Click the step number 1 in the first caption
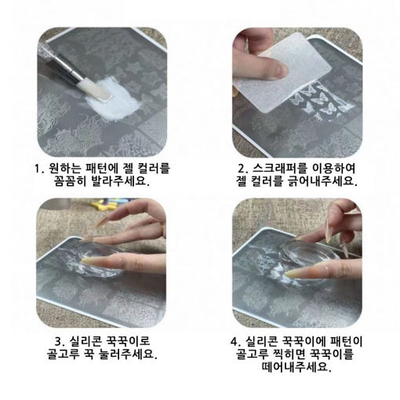(37, 169)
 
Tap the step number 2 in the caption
(242, 169)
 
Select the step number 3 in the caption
(58, 341)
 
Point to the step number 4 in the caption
(234, 341)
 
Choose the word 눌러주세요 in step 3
(126, 354)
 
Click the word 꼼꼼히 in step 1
(70, 181)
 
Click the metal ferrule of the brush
(68, 69)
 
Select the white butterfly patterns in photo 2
(319, 101)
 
